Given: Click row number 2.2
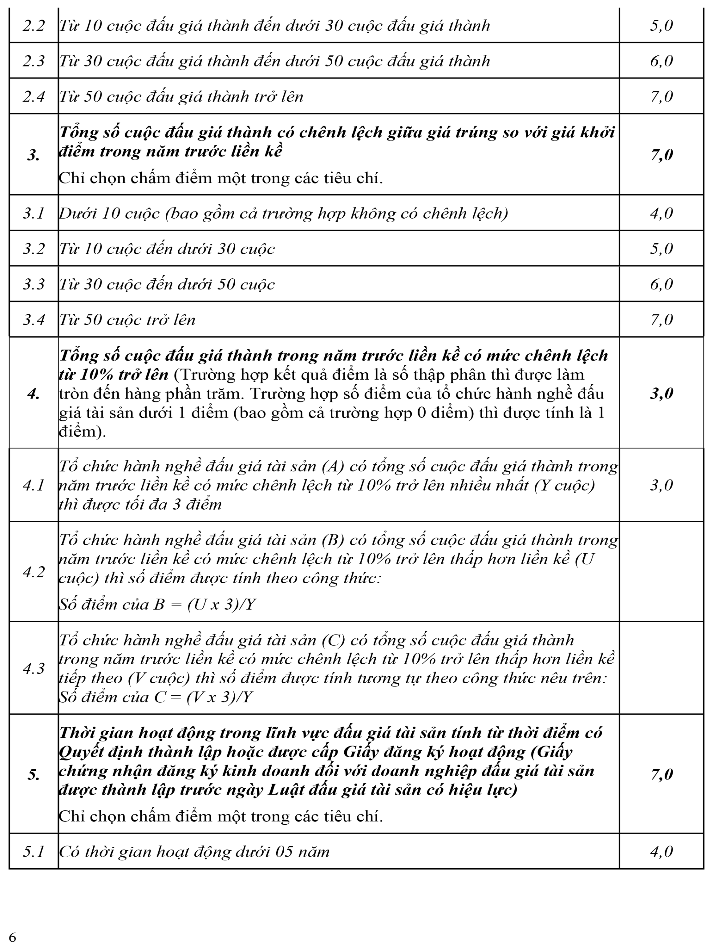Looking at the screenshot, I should pyautogui.click(x=34, y=26).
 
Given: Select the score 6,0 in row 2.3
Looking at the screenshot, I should pyautogui.click(x=661, y=61).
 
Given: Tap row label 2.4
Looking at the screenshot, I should pyautogui.click(x=34, y=96).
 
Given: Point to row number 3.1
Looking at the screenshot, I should pyautogui.click(x=34, y=213).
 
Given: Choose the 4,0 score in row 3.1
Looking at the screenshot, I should pyautogui.click(x=661, y=213).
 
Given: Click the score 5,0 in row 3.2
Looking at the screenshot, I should pyautogui.click(x=661, y=249).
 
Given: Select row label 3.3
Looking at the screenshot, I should pyautogui.click(x=34, y=284).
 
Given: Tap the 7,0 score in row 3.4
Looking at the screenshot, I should pyautogui.click(x=661, y=319).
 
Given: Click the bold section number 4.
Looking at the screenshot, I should pyautogui.click(x=34, y=394).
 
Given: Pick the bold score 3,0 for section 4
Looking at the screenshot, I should pyautogui.click(x=661, y=394).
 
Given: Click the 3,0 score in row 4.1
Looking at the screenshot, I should pyautogui.click(x=661, y=485).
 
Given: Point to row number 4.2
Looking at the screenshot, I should pyautogui.click(x=34, y=572).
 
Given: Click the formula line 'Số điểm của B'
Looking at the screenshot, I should pyautogui.click(x=157, y=605).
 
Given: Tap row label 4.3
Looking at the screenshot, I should pyautogui.click(x=34, y=668).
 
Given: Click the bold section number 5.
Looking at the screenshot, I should pyautogui.click(x=34, y=774).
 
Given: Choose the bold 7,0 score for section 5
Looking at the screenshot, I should pyautogui.click(x=661, y=774).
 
